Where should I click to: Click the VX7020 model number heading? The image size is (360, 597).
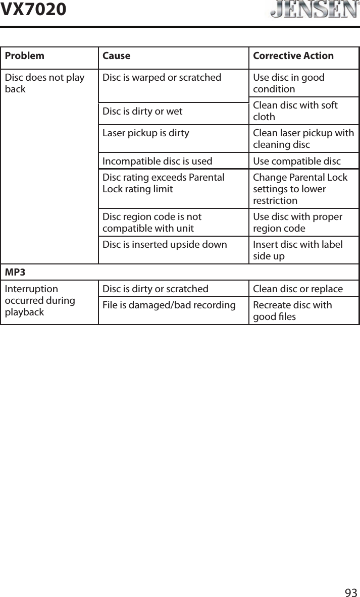(x=33, y=9)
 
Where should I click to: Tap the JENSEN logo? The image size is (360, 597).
(x=312, y=10)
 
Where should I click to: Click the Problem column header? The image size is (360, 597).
(x=24, y=56)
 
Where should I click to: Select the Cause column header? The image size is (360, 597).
(x=116, y=56)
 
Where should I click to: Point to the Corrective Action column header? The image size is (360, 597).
(x=293, y=56)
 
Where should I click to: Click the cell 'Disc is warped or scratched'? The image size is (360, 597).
(x=162, y=78)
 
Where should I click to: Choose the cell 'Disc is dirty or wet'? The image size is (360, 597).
(x=142, y=111)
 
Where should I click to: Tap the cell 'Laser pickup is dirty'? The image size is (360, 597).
(x=146, y=133)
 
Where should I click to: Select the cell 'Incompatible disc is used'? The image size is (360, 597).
(x=157, y=161)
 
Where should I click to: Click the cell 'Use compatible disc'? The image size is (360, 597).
(x=296, y=161)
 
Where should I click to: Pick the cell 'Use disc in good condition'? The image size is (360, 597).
(x=289, y=83)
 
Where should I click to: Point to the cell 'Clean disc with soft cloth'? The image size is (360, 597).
(x=295, y=111)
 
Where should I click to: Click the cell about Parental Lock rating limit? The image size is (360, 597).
(x=163, y=183)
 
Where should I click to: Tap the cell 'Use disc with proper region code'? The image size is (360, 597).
(x=297, y=223)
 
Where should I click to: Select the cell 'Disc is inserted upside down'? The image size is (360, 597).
(x=165, y=245)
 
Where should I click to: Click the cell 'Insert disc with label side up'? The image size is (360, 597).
(x=297, y=250)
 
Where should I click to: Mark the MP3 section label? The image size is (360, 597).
(x=15, y=273)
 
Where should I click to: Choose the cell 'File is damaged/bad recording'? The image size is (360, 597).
(x=169, y=305)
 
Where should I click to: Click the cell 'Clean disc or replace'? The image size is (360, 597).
(x=297, y=289)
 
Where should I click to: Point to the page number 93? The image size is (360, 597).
(x=351, y=591)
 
